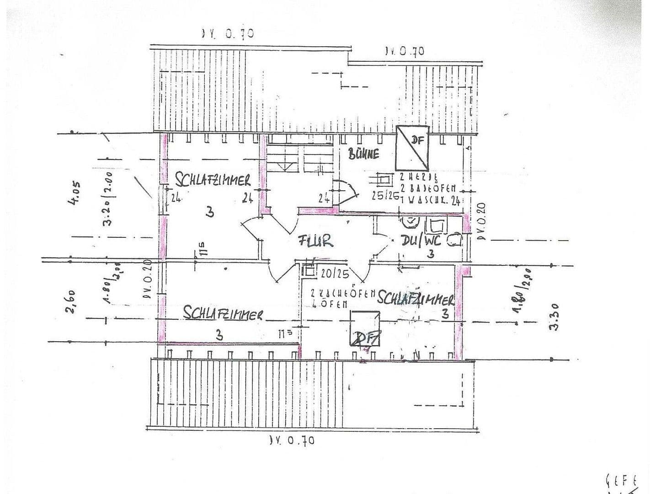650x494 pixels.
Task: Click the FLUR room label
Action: (x=315, y=241)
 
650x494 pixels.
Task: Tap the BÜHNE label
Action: (x=364, y=154)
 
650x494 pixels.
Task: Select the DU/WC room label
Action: (x=421, y=240)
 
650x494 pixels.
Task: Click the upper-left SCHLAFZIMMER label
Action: (x=213, y=180)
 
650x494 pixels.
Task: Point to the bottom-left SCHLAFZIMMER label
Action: (x=223, y=313)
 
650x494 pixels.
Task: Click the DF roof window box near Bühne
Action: (x=412, y=148)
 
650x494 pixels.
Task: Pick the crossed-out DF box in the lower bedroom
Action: (x=365, y=328)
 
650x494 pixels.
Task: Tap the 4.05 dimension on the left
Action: (x=76, y=194)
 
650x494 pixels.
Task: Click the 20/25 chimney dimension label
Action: (x=335, y=274)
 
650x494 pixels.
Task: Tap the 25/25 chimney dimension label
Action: (x=384, y=196)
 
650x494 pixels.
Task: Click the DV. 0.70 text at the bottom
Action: (x=292, y=440)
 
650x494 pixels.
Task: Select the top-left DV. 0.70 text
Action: (x=228, y=33)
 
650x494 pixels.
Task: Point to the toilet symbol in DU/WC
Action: (x=412, y=222)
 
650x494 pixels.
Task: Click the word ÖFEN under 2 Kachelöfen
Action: (x=336, y=303)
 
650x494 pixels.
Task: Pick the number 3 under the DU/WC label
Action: (x=430, y=253)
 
